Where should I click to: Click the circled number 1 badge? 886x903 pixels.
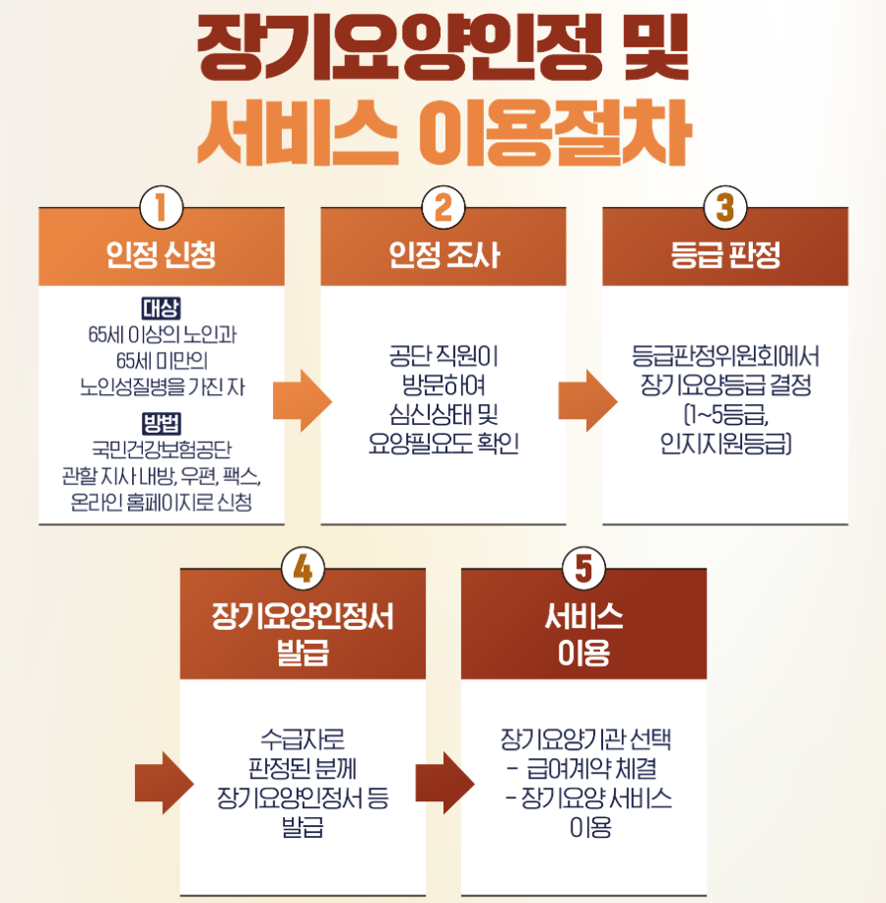pyautogui.click(x=162, y=209)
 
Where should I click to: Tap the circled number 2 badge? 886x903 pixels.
pyautogui.click(x=443, y=209)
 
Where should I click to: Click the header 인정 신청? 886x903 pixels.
pyautogui.click(x=162, y=256)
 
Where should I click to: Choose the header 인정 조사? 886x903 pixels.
pyautogui.click(x=443, y=256)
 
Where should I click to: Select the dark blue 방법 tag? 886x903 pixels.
pyautogui.click(x=162, y=425)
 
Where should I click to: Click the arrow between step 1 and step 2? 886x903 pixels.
pyautogui.click(x=303, y=400)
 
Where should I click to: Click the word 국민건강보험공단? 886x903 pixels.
pyautogui.click(x=162, y=452)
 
